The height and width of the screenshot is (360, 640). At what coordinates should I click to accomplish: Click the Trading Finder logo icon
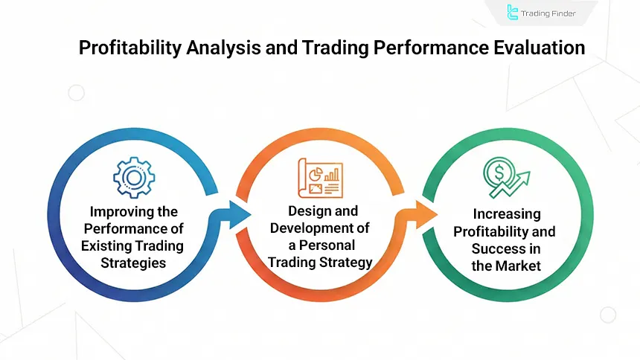tap(513, 12)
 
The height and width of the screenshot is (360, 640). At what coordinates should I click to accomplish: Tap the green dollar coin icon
tap(498, 176)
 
